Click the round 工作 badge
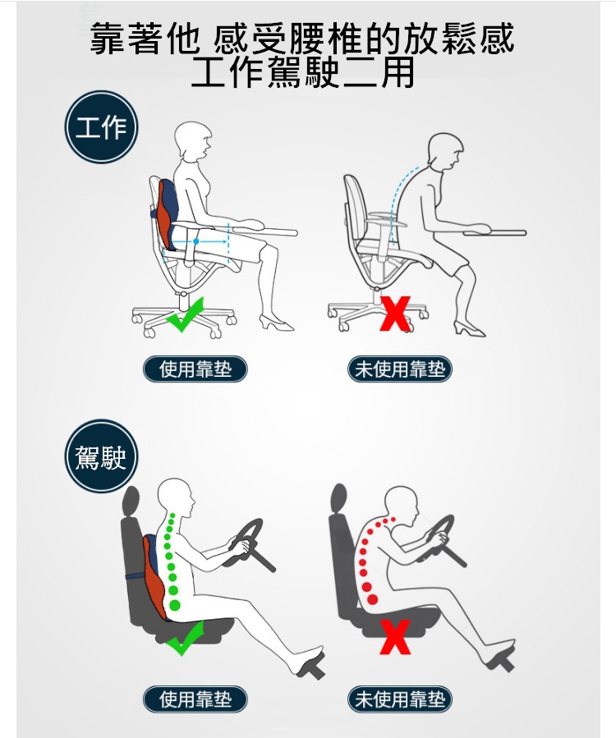[x=101, y=127]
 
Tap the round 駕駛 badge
[x=101, y=456]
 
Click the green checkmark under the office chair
[x=185, y=314]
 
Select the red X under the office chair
[x=395, y=314]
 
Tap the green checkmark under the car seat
[x=185, y=639]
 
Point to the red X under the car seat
[x=395, y=637]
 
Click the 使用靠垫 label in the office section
[x=195, y=369]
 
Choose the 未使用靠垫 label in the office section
[x=400, y=369]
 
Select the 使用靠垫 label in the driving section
[x=195, y=699]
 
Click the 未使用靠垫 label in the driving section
[x=400, y=699]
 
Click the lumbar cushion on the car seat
[x=154, y=576]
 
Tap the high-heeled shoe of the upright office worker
[x=276, y=323]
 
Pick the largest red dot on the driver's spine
[x=372, y=599]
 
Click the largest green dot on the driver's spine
[x=174, y=605]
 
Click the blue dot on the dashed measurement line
[x=196, y=241]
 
